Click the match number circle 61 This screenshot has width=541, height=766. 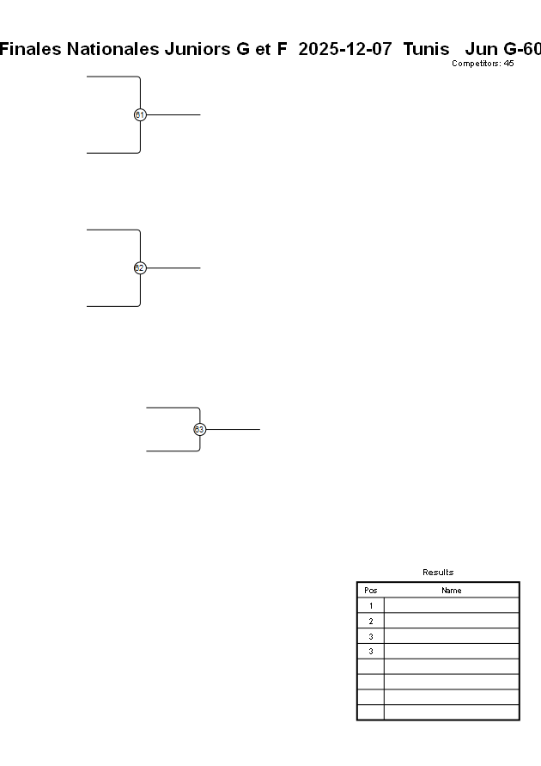pyautogui.click(x=140, y=114)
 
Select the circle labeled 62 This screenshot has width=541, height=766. pyautogui.click(x=140, y=268)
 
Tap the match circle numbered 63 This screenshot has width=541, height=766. pyautogui.click(x=199, y=429)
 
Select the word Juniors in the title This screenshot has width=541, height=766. pyautogui.click(x=197, y=49)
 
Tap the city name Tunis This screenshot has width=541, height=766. pyautogui.click(x=426, y=49)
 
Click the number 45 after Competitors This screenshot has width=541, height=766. pyautogui.click(x=508, y=64)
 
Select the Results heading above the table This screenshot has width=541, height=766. pyautogui.click(x=438, y=573)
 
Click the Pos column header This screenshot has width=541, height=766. pyautogui.click(x=371, y=591)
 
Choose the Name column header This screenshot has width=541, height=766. pyautogui.click(x=451, y=591)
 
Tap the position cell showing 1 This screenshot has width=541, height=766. pyautogui.click(x=371, y=606)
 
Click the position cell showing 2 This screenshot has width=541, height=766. pyautogui.click(x=371, y=621)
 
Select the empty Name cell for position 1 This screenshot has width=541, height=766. pyautogui.click(x=451, y=606)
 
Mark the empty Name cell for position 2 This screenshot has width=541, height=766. pyautogui.click(x=451, y=621)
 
